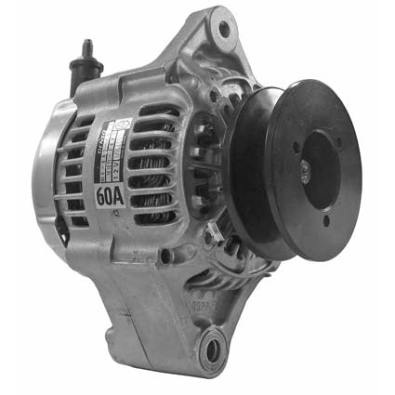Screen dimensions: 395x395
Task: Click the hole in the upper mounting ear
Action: [x=222, y=28]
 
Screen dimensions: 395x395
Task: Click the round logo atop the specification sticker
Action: [x=123, y=123]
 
